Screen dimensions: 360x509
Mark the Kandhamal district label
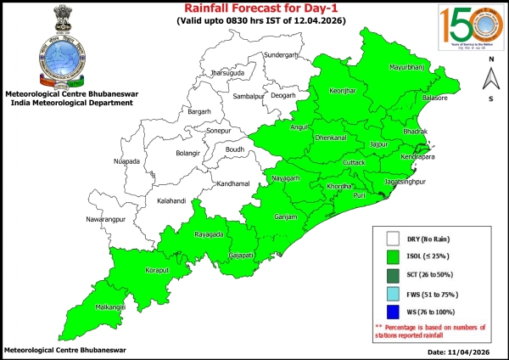click(232, 184)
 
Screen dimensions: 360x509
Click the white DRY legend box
click(393, 239)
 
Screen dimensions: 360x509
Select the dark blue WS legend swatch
click(393, 312)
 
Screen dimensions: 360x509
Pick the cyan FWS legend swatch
click(393, 294)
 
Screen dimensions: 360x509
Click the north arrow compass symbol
click(489, 79)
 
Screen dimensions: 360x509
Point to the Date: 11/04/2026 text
click(458, 351)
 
